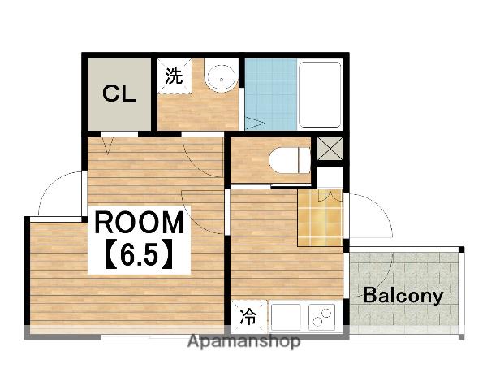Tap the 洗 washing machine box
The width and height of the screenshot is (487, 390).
(173, 76)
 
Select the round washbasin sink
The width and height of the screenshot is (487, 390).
(220, 80)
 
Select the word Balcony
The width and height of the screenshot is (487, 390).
(403, 295)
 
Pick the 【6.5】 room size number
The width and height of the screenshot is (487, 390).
(138, 256)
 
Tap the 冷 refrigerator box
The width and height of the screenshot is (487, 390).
(248, 314)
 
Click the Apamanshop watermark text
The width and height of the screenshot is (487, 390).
(243, 341)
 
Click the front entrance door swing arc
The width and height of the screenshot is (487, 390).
(369, 215)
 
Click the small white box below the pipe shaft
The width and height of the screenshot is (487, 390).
(329, 175)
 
